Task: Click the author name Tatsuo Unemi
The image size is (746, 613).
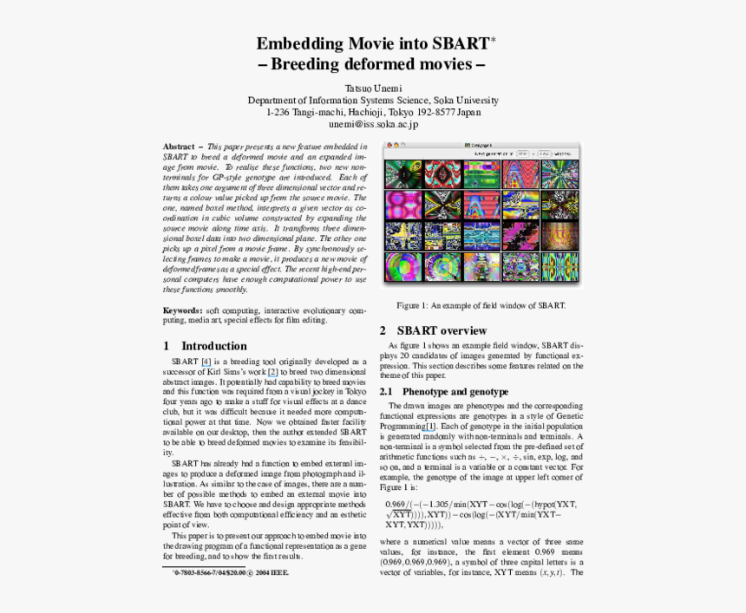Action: coord(373,88)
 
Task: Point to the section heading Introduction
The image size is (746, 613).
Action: coord(214,346)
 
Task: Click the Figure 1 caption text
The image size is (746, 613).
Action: coord(481,305)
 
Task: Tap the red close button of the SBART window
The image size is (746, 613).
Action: coord(388,145)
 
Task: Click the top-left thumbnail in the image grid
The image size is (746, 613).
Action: coord(403,174)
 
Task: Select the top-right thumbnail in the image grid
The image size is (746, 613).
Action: coord(559,174)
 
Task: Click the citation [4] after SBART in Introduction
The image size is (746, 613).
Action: coord(206,362)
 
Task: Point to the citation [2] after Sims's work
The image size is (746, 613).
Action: coord(272,372)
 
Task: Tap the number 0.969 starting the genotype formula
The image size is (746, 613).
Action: coord(396,504)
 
